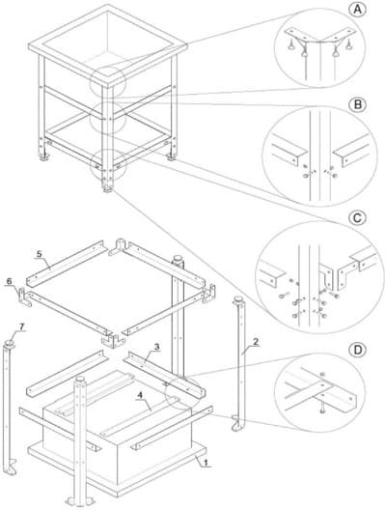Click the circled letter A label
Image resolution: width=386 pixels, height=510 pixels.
[x=357, y=10]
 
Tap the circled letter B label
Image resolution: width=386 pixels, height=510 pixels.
[x=357, y=104]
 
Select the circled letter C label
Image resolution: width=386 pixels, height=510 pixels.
[x=357, y=217]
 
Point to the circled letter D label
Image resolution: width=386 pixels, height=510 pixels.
[x=357, y=350]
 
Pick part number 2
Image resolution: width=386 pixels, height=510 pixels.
[x=256, y=342]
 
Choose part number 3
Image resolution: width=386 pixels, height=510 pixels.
[x=157, y=347]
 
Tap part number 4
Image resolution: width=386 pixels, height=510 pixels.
[x=140, y=395]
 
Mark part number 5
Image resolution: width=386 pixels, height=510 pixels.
[x=40, y=254]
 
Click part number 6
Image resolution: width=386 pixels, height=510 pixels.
[x=9, y=281]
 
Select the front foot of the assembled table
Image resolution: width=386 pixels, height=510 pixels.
[x=107, y=188]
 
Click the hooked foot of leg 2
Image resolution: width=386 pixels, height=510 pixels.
[x=237, y=424]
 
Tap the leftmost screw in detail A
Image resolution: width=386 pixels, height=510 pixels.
[x=291, y=44]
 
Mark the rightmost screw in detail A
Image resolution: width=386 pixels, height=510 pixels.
[x=349, y=43]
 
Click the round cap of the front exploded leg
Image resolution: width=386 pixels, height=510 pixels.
[x=81, y=380]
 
